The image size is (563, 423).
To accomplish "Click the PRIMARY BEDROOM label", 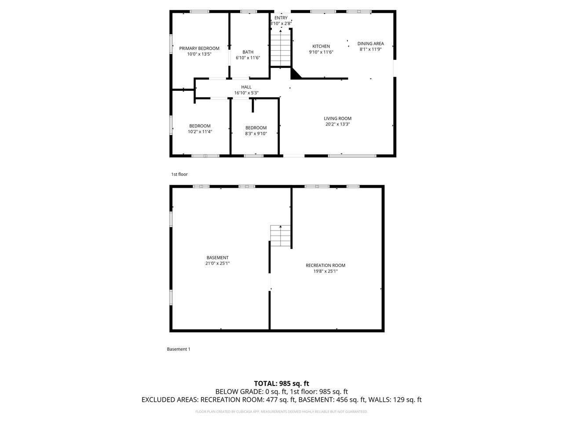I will point(199,48).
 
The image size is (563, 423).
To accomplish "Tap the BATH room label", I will point(248,52).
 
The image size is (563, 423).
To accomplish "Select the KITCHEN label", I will point(321,46).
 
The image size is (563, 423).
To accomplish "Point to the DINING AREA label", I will point(370,44).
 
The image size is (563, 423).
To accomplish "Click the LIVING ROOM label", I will point(338,119).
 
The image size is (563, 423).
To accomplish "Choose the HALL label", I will point(246,87).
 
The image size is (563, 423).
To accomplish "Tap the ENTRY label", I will point(281,18).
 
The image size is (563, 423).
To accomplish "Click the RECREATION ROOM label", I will point(325,265).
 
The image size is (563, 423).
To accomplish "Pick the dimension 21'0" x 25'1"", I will point(218,263).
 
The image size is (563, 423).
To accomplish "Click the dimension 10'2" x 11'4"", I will point(200,131).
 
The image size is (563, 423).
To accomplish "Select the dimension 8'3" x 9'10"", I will point(256,134).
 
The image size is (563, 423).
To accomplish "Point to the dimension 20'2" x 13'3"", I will point(338,124).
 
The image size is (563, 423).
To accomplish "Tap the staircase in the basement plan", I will point(281,236).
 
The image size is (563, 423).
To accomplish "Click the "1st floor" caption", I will point(179,174).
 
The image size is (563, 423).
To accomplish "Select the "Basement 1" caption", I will point(179,349).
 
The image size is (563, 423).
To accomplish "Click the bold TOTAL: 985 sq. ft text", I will point(281,383).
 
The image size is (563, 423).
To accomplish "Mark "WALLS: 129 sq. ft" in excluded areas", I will point(395,400).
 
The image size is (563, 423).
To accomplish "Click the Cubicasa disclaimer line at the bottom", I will point(281,412).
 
